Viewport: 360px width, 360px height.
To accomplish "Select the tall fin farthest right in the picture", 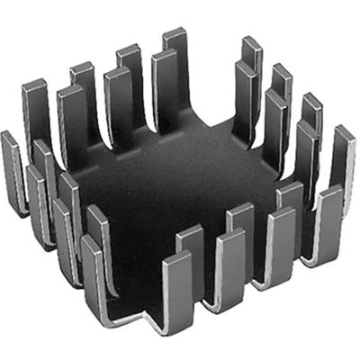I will [342, 157].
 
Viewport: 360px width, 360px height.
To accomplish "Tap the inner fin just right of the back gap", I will [244, 94].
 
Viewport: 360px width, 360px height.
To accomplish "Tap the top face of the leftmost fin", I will [9, 136].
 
